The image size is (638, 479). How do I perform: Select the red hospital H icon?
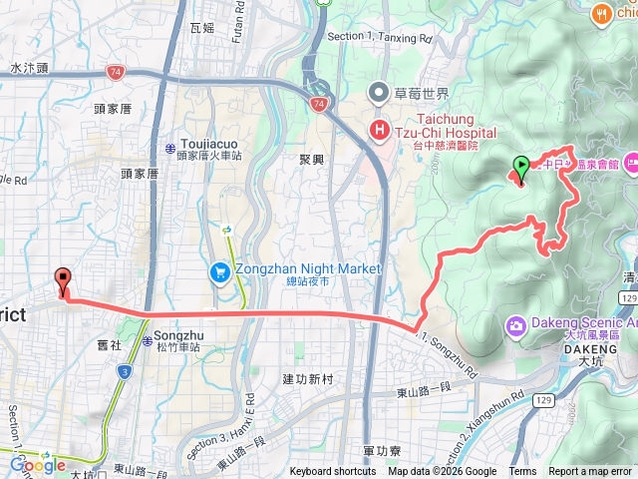[x=380, y=130]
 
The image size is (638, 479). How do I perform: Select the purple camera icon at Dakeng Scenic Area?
[x=516, y=324]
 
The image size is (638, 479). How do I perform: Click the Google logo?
[x=38, y=464]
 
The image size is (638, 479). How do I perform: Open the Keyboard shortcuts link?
[x=333, y=472]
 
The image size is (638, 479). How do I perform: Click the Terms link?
[x=522, y=472]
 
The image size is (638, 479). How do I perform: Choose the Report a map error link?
[x=590, y=472]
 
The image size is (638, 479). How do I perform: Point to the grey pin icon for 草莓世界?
[x=379, y=95]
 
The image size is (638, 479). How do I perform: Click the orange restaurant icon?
[x=601, y=13]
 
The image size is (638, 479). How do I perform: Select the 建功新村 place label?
[x=305, y=378]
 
